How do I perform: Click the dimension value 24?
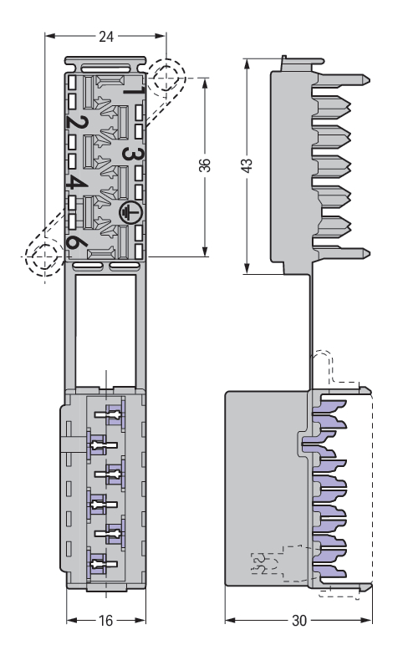pyautogui.click(x=106, y=37)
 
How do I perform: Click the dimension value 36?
pyautogui.click(x=205, y=165)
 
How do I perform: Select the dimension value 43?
pyautogui.click(x=246, y=165)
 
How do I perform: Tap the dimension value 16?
pyautogui.click(x=105, y=621)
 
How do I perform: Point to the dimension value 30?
pyautogui.click(x=298, y=621)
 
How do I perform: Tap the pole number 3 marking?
pyautogui.click(x=133, y=154)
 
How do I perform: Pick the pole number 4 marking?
pyautogui.click(x=77, y=184)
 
